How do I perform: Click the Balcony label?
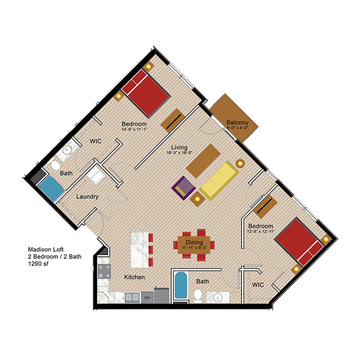click(x=235, y=122)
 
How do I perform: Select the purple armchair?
click(x=183, y=187)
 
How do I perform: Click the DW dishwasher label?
click(x=147, y=297)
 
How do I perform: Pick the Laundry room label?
click(x=87, y=197)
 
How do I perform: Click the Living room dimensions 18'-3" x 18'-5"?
click(x=179, y=153)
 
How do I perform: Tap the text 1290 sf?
click(x=38, y=264)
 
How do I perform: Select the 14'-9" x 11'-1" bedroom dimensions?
click(x=134, y=130)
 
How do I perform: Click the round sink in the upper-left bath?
click(x=68, y=150)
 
